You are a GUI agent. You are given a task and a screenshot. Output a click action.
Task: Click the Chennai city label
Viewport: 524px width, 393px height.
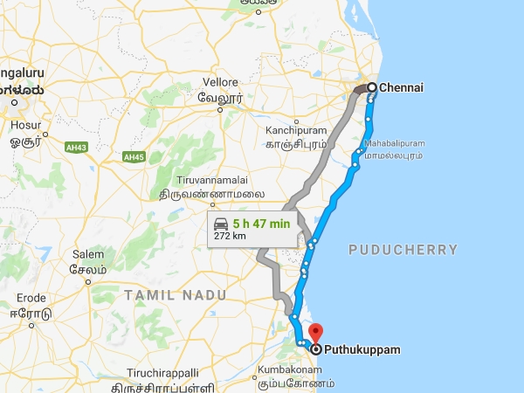click(403, 87)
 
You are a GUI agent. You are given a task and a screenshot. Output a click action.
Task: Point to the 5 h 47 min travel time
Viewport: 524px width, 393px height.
click(261, 223)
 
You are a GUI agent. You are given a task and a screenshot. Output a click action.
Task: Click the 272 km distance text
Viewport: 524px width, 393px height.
click(229, 236)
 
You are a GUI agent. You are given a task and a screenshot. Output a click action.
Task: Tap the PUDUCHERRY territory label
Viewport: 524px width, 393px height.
click(403, 250)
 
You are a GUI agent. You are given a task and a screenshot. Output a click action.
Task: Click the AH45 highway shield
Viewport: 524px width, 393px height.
click(133, 157)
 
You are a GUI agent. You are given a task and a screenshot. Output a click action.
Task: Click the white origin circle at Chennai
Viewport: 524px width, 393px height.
click(371, 87)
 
